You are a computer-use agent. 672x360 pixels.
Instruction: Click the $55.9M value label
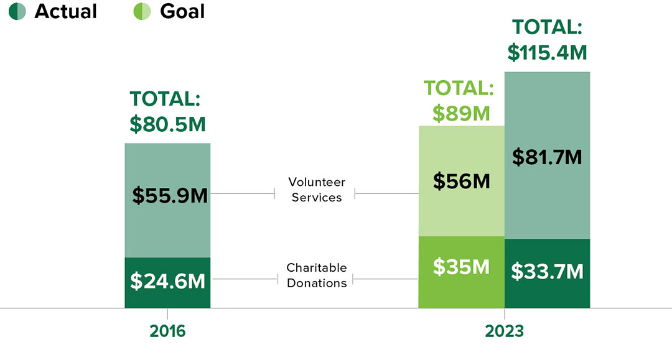pos(170,195)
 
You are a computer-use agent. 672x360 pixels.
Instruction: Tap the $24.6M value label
pos(167,281)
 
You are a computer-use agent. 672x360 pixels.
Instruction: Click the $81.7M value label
pos(547,157)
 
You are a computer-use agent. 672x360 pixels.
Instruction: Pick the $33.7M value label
pos(547,272)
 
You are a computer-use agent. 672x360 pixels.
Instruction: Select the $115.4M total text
pos(547,52)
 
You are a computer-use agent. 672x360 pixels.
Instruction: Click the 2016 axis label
pos(167,330)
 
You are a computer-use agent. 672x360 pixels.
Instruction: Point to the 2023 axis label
pos(505,330)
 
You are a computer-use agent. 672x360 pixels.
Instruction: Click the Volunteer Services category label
pos(316,190)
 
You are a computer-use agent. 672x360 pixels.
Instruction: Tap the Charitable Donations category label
pos(316,275)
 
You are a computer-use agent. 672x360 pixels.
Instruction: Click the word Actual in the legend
pos(65,11)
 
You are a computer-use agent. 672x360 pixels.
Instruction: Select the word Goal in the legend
pos(182,11)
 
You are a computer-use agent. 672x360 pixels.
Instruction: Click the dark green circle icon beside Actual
pos(17,11)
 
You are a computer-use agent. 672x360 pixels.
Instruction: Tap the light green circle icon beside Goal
pos(142,11)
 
